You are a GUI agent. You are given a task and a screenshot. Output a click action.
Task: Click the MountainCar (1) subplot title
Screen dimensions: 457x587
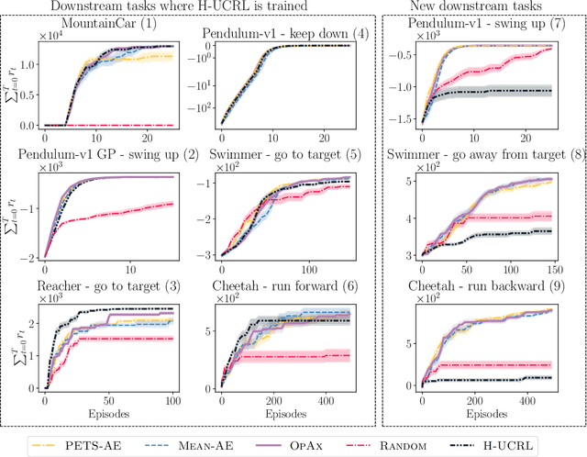109,21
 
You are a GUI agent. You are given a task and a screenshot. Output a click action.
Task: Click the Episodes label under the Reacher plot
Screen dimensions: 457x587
109,414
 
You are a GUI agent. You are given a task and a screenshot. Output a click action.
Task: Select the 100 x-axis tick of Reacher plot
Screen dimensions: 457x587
171,402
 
